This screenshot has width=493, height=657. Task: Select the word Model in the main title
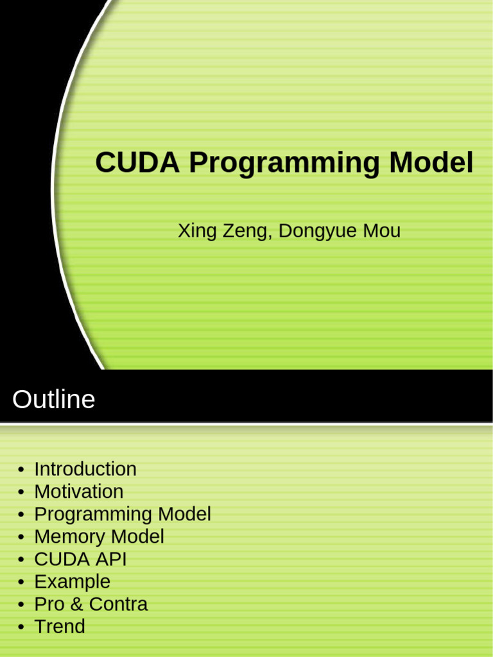[x=431, y=163]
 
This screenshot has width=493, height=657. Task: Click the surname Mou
[x=382, y=231]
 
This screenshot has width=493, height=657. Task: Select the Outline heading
[x=53, y=400]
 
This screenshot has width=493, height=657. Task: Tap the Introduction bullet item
[x=85, y=469]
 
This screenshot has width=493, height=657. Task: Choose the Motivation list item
[x=78, y=491]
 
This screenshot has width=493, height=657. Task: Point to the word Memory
[x=70, y=536]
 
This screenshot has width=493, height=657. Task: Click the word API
[x=111, y=559]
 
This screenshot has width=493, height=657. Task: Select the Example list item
[x=72, y=582]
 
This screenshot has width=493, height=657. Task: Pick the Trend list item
[x=59, y=626]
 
